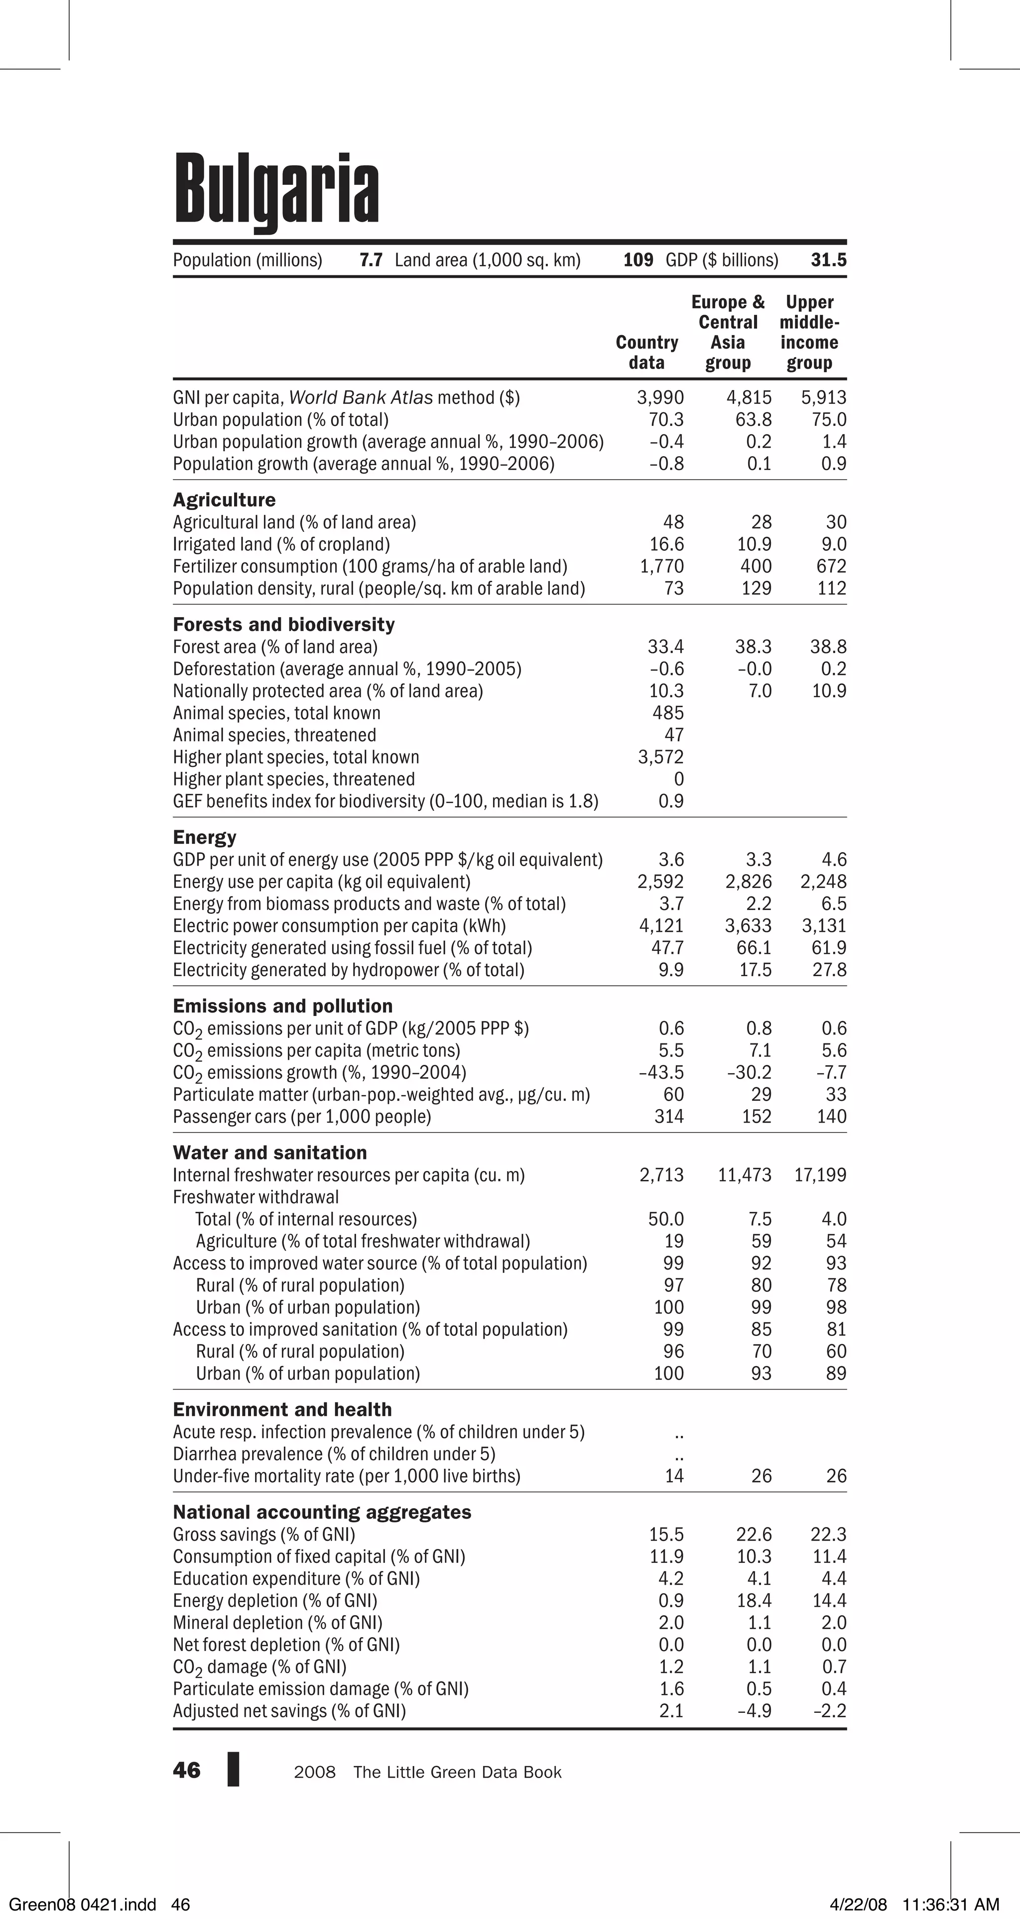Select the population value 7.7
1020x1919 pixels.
[x=371, y=260]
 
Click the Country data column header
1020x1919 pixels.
[x=647, y=352]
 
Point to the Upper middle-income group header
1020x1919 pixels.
[x=809, y=332]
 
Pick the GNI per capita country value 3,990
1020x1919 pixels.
[x=660, y=398]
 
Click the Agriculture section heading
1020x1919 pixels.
[x=224, y=500]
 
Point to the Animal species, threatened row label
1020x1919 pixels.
[x=274, y=735]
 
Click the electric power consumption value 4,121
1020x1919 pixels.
[x=661, y=926]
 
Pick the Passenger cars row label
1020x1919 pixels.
[x=302, y=1117]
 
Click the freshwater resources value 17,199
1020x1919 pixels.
[x=820, y=1175]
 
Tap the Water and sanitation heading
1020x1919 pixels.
[x=270, y=1152]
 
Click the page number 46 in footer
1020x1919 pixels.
[x=186, y=1771]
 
